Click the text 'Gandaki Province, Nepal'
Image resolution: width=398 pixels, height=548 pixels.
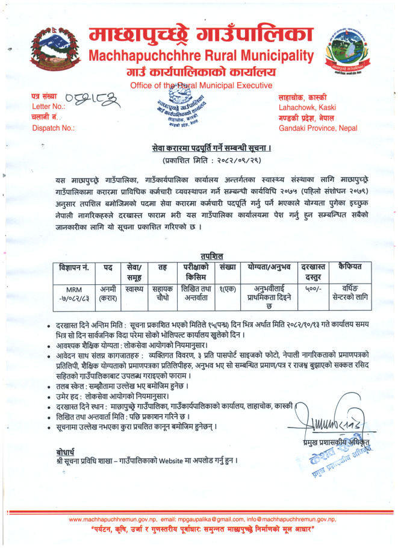317,128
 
